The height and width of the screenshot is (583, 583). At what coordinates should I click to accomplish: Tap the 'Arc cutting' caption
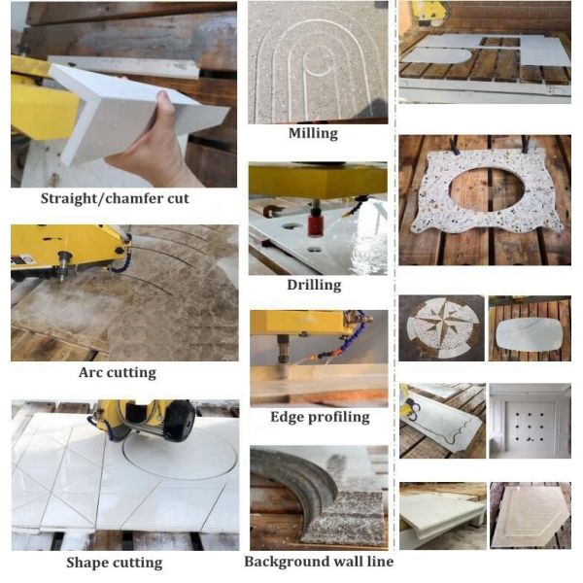117,372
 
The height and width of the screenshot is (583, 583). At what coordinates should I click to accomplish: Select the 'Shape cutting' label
114,562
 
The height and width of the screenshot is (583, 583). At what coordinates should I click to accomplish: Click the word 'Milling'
312,133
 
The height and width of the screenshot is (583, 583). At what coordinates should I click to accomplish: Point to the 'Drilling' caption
314,285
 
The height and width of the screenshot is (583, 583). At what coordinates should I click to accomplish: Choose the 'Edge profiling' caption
320,417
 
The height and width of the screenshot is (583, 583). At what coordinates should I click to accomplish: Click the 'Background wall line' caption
318,562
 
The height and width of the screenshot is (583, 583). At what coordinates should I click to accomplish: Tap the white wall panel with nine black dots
530,423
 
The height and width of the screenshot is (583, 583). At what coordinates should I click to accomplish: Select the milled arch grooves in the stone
313,68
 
